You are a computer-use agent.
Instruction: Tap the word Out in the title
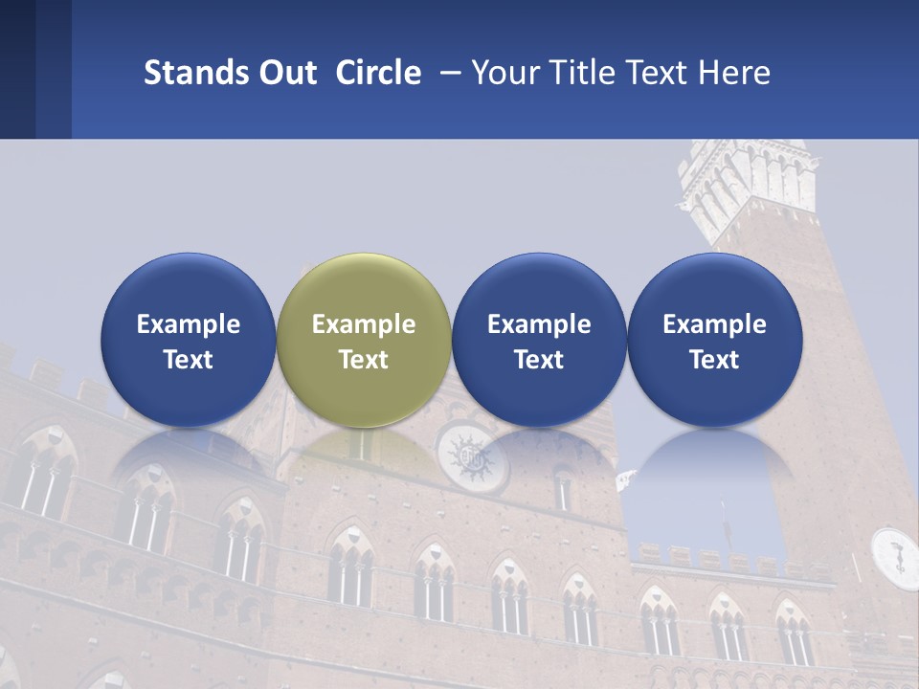(x=284, y=73)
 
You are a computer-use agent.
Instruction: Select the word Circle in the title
(x=378, y=73)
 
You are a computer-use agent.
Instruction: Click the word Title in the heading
(x=584, y=73)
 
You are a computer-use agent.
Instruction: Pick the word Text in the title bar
(x=659, y=73)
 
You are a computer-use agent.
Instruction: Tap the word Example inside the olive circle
(x=364, y=324)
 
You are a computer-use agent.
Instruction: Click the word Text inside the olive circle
(x=364, y=360)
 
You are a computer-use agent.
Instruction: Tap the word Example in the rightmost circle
(x=715, y=324)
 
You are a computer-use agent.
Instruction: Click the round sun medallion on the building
(x=473, y=456)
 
